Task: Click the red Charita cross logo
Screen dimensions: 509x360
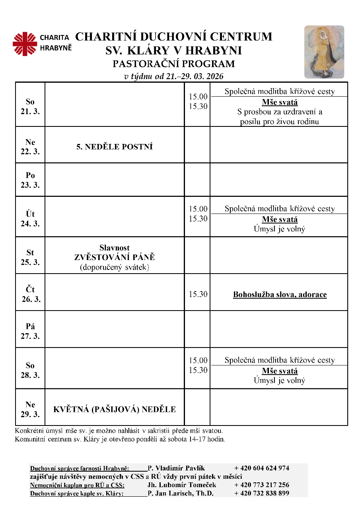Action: (x=25, y=44)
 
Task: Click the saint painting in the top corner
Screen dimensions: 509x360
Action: (x=324, y=52)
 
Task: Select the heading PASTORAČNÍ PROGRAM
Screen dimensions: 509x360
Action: (x=174, y=64)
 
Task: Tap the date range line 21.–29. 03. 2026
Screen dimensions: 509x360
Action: (x=174, y=76)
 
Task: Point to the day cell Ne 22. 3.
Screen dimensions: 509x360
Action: (x=30, y=147)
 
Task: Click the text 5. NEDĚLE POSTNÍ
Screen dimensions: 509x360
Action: (x=115, y=147)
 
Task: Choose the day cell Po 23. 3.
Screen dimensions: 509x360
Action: (x=30, y=180)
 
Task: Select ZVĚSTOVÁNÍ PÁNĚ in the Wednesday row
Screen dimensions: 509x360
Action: (x=115, y=257)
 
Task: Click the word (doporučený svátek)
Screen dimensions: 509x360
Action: (x=115, y=267)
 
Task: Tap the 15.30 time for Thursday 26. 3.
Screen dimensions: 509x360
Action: (x=198, y=294)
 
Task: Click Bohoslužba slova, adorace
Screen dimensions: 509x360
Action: (x=280, y=295)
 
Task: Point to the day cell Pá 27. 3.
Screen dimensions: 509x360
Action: (x=30, y=331)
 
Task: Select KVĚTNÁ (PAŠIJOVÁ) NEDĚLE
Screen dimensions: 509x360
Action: (x=115, y=410)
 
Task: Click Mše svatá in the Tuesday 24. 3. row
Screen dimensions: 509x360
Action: (x=280, y=220)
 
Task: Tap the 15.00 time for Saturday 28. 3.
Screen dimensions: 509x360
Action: (x=198, y=361)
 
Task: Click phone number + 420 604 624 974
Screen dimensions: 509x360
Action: (x=261, y=468)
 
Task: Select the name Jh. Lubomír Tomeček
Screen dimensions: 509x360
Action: (x=182, y=485)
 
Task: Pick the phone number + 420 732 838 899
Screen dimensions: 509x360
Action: (x=261, y=493)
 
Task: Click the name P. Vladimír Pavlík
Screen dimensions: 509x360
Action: (x=176, y=468)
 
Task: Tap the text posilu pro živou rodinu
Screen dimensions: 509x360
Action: (x=280, y=122)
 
